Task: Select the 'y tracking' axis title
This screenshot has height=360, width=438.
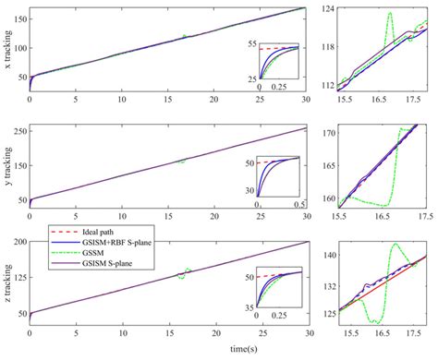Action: [8, 166]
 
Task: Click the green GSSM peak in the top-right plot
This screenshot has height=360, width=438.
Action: [391, 13]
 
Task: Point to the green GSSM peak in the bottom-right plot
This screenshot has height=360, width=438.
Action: [395, 245]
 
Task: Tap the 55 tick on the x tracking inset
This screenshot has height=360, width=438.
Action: [251, 44]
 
